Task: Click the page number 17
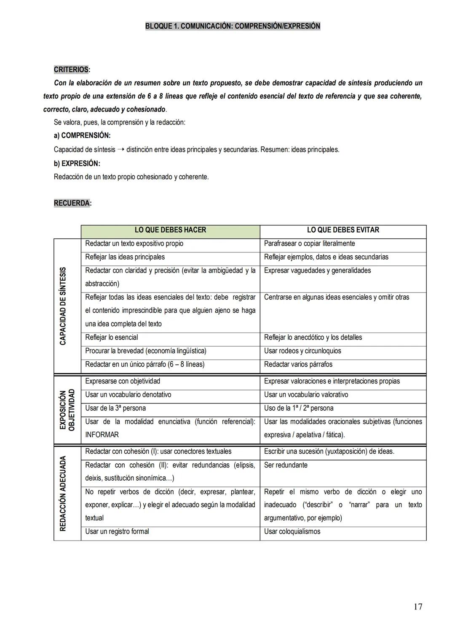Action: tap(418, 607)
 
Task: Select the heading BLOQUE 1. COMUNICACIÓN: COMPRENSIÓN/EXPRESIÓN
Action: tap(233, 26)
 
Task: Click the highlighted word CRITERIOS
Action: tap(71, 70)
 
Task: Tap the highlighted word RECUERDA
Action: tap(72, 203)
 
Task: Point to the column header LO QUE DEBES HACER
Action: tap(170, 230)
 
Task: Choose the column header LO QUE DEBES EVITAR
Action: tap(343, 230)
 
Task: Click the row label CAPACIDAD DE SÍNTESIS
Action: tap(63, 306)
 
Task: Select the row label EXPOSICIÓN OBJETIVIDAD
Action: tap(67, 410)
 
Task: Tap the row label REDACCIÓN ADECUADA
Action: tap(63, 493)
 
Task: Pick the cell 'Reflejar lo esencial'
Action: tap(112, 338)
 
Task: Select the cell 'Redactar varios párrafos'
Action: tap(298, 364)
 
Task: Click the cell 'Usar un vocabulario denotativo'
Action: tap(128, 395)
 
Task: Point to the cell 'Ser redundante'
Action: tap(286, 465)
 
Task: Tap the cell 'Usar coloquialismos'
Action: tap(292, 531)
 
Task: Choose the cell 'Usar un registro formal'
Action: tap(117, 531)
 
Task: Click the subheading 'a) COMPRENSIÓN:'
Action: tap(82, 135)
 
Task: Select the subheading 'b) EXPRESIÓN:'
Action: tap(77, 163)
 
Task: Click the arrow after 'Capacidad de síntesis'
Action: tap(120, 149)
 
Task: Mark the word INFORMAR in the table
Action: tap(102, 435)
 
